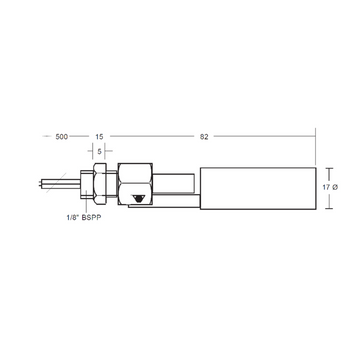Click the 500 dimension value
62,137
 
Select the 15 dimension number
99,137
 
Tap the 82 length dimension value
204,137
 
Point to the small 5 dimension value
99,151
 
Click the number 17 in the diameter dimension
326,187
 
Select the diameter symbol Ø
335,187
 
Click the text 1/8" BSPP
83,218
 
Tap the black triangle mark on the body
137,198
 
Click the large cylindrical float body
258,188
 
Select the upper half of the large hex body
135,173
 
